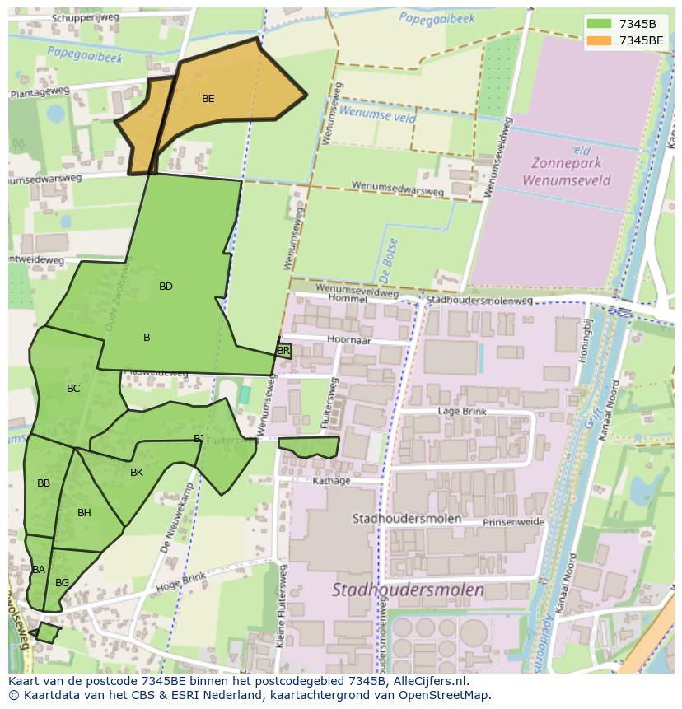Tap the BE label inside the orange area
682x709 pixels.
208,99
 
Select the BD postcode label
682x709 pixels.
166,287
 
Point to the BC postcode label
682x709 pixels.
73,389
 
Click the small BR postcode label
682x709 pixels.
283,351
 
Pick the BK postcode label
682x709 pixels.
137,473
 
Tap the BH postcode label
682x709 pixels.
84,513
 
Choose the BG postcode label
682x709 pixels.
62,583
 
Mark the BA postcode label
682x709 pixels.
39,570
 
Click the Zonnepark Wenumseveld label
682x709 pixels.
567,171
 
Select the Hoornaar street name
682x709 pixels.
348,338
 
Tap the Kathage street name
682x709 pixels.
332,481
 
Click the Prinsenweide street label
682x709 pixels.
513,522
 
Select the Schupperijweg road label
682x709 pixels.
86,17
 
